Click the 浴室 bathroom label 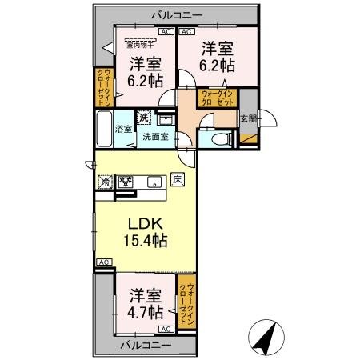point(122,129)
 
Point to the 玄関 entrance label point(249,120)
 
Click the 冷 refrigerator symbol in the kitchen point(106,182)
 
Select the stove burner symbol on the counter point(125,182)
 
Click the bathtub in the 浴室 point(104,129)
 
